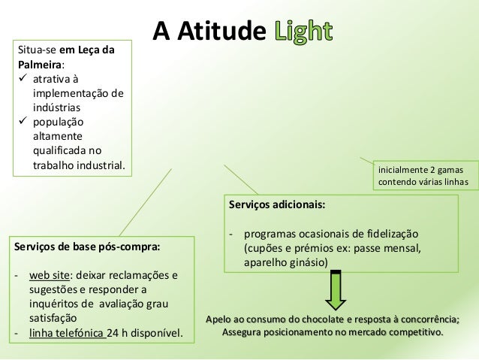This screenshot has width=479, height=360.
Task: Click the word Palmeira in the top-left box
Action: click(41, 64)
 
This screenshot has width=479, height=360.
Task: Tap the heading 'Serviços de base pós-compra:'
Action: click(87, 246)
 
